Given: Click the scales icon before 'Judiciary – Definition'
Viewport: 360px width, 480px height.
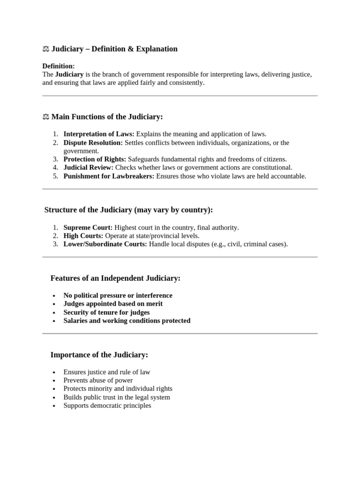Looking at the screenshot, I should (46, 49).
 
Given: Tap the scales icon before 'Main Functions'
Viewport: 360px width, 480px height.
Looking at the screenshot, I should (46, 117).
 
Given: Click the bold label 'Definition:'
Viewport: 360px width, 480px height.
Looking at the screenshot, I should (59, 66).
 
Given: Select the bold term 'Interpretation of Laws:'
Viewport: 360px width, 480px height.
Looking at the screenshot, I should (99, 134).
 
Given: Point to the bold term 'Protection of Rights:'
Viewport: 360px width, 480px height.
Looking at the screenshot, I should (95, 159).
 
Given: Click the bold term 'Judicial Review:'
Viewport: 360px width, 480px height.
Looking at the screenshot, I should (89, 168).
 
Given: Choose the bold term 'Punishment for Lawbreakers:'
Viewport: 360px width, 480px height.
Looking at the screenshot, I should (109, 176).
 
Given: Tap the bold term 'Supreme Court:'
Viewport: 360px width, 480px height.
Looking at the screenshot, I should (88, 227).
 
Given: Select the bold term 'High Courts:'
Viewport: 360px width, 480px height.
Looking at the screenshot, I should (83, 236).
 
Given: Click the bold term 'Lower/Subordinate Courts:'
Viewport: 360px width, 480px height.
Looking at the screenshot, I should (105, 244).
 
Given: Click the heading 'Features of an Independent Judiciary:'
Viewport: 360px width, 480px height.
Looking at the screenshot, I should (115, 278).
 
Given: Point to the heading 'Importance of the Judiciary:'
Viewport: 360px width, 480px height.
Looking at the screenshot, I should (99, 355).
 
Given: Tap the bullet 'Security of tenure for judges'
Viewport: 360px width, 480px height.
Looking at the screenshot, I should (107, 312).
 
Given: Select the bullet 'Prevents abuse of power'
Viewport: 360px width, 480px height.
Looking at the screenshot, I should (98, 380).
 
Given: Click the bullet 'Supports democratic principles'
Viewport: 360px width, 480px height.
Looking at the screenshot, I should (107, 405).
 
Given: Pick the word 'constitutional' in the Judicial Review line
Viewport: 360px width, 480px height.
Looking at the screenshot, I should (271, 168).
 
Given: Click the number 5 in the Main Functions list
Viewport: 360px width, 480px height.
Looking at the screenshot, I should (55, 176).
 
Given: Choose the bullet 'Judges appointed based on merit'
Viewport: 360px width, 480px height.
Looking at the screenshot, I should (113, 304).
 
